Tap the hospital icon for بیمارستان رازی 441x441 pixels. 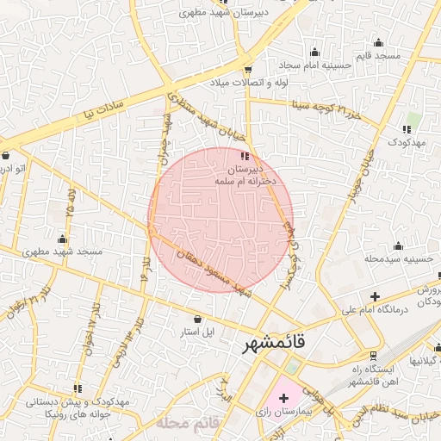coord(283,398)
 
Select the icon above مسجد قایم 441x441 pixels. coord(378,42)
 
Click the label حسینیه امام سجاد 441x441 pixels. coord(314,65)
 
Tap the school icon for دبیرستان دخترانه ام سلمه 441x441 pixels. coord(245,157)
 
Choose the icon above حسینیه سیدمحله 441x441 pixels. coord(398,245)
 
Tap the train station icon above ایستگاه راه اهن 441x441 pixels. coord(373,355)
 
